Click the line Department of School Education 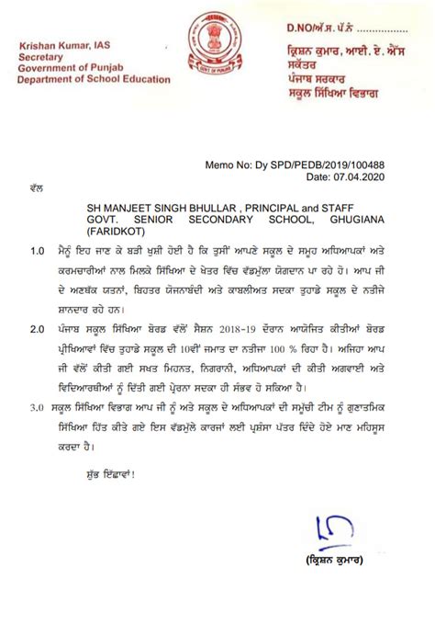(94, 80)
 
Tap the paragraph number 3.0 (38, 401)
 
